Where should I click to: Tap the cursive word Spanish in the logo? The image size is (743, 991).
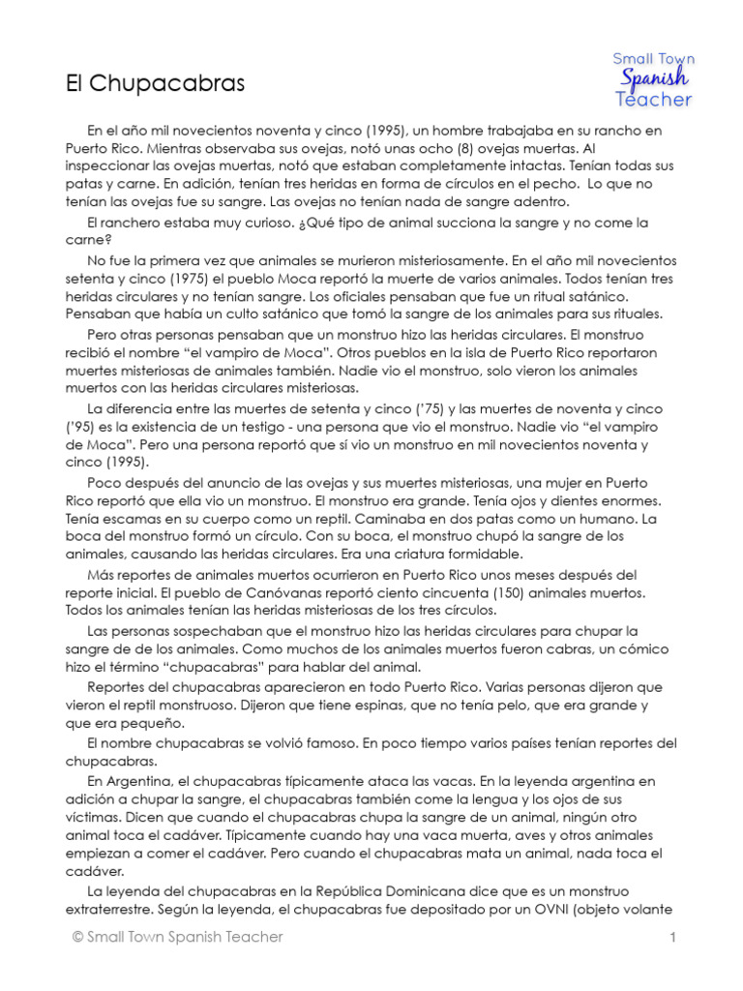pos(654,78)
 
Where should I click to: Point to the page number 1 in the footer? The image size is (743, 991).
pos(671,937)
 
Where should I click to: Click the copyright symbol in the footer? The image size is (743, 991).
pos(76,937)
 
